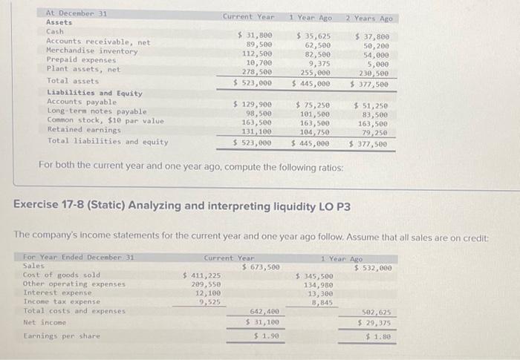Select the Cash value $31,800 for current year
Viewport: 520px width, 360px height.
tap(253, 35)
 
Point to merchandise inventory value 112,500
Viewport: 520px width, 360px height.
tap(256, 53)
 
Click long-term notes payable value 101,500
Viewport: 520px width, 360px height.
tap(314, 114)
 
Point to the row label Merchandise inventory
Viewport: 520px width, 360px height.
tap(92, 50)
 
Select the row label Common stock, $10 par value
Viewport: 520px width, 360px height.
tap(105, 120)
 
